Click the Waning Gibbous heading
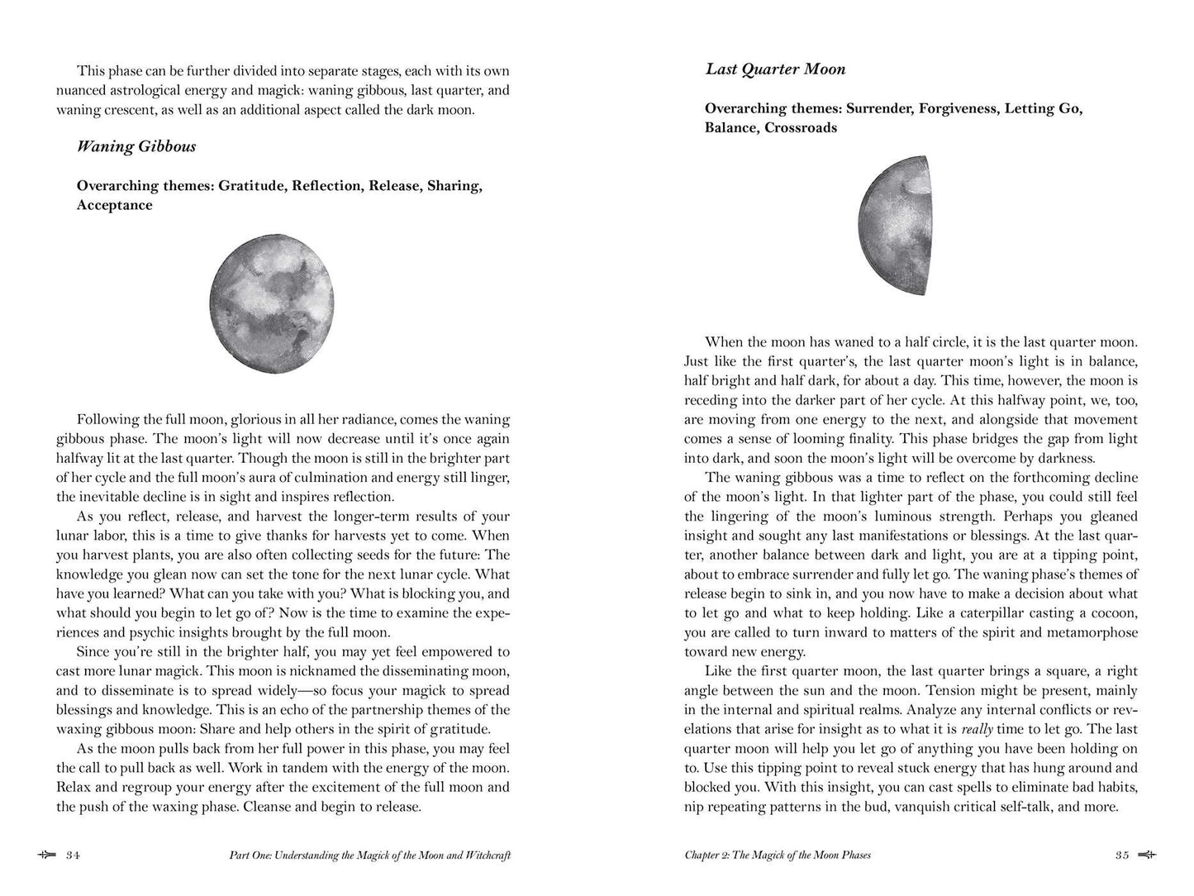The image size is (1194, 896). click(136, 147)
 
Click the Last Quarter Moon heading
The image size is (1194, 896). click(775, 69)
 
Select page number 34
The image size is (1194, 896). click(73, 855)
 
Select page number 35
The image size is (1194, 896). click(1121, 855)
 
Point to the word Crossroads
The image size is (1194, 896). click(801, 128)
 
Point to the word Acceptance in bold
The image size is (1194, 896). click(115, 206)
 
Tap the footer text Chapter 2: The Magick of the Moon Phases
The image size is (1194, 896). click(778, 855)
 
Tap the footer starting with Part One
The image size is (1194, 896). click(369, 855)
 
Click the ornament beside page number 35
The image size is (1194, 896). click(1147, 855)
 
